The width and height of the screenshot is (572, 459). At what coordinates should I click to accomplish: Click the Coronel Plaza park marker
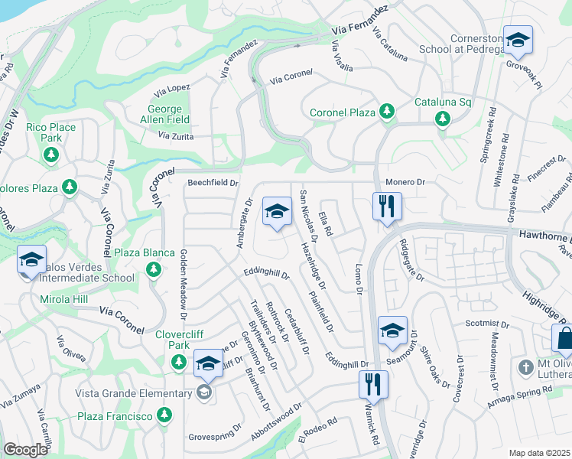(x=387, y=112)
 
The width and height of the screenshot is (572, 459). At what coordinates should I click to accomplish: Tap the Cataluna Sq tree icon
(x=442, y=119)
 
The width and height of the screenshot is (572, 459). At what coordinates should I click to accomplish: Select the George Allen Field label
(x=165, y=114)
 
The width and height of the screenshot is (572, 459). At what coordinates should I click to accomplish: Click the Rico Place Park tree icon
(x=51, y=156)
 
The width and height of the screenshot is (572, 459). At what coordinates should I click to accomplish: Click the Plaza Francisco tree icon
(x=164, y=415)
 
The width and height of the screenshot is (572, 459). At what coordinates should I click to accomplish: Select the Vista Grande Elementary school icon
(x=203, y=393)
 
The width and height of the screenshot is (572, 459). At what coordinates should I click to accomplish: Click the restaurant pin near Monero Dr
(x=387, y=206)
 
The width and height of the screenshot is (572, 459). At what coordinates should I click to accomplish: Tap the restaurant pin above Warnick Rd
(x=373, y=384)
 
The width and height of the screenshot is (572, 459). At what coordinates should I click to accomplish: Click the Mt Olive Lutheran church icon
(x=525, y=368)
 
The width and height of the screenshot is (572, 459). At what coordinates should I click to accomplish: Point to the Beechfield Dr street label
(x=213, y=184)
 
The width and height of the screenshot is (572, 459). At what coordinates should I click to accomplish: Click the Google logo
(x=25, y=449)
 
